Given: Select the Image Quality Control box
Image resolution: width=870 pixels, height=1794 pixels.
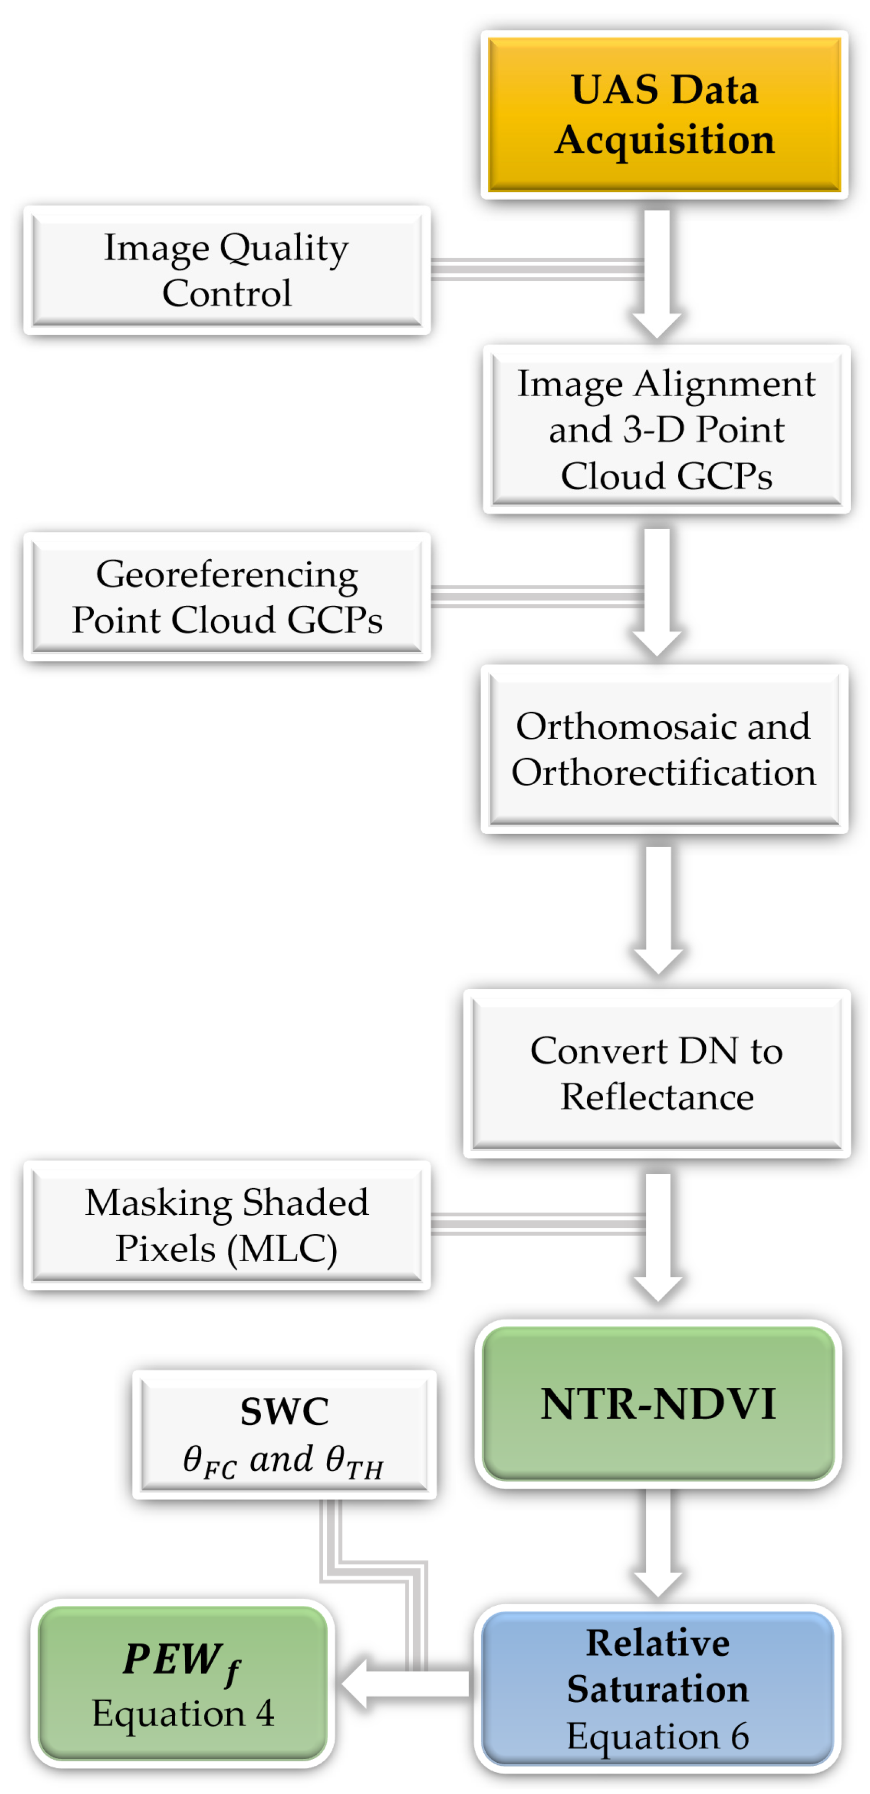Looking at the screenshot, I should [x=226, y=270].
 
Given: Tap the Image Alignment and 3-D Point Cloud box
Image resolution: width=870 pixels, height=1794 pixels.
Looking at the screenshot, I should [x=665, y=429].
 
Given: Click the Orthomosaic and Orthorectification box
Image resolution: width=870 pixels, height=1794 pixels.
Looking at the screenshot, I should [x=663, y=749].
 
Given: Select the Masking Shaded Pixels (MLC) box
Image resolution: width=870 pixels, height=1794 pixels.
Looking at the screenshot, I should [x=226, y=1225].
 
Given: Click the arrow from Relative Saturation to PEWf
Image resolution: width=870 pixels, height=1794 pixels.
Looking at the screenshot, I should [x=408, y=1684].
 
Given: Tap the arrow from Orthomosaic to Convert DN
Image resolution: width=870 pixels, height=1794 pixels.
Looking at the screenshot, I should [x=657, y=906].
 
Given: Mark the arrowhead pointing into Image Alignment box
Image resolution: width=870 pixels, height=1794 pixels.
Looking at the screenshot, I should [x=656, y=324].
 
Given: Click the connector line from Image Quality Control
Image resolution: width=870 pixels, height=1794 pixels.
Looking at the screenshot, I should [x=536, y=269].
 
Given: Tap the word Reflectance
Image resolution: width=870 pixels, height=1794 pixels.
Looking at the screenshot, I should [x=656, y=1097].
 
